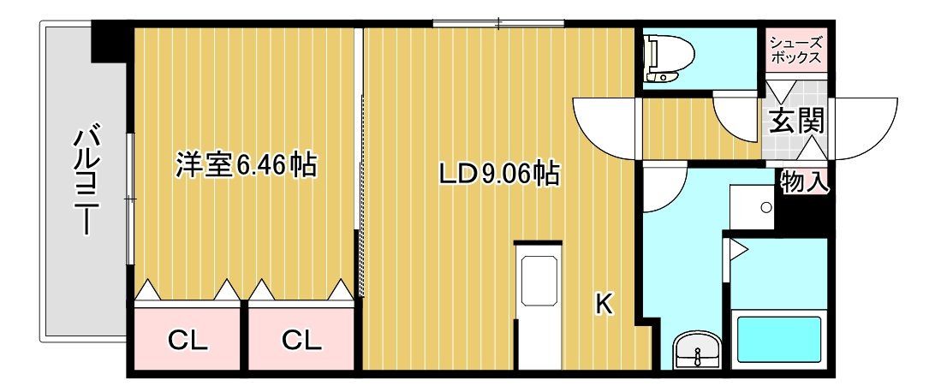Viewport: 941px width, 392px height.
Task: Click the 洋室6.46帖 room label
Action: tap(246, 166)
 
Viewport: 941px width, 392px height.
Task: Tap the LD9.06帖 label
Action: tap(498, 174)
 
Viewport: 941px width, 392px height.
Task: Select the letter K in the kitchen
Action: tap(604, 305)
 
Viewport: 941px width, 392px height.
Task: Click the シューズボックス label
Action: tap(795, 50)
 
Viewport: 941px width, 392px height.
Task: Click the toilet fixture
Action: tap(667, 59)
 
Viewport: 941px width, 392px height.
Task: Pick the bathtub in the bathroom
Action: tap(778, 339)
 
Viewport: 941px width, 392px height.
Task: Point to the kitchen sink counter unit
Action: tap(539, 305)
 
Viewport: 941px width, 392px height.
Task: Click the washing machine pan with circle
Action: tap(752, 207)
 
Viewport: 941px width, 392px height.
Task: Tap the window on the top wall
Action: tap(498, 24)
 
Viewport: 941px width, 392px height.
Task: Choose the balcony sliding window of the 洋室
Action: tap(129, 198)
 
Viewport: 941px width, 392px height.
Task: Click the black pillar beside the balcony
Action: tap(110, 41)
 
